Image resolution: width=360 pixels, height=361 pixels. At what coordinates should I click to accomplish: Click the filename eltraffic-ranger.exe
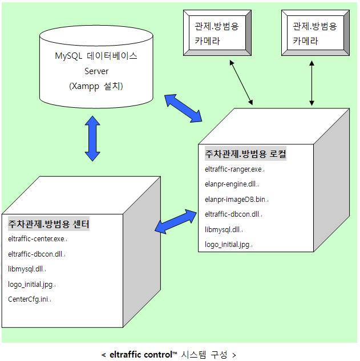[x=234, y=169]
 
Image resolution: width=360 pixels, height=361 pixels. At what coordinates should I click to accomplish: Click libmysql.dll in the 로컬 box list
[x=223, y=230]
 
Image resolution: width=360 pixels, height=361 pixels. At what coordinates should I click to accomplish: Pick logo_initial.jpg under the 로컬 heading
[x=227, y=245]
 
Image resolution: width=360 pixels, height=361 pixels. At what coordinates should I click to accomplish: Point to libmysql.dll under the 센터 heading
[x=26, y=269]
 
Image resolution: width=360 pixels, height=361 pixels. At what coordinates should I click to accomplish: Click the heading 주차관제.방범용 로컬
[x=245, y=153]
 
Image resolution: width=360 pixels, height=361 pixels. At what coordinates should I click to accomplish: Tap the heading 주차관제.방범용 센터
[x=48, y=224]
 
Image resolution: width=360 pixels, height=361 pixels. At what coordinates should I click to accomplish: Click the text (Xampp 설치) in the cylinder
[x=95, y=86]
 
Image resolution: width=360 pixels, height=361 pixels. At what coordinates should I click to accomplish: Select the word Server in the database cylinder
[x=96, y=72]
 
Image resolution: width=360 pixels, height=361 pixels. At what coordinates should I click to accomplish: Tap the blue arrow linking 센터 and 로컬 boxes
[x=176, y=221]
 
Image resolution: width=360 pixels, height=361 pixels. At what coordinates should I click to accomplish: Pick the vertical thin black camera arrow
[x=312, y=80]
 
